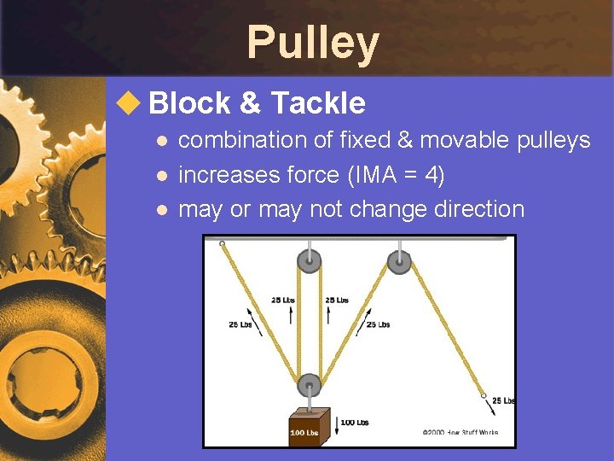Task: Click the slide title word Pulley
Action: [312, 44]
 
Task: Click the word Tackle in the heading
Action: [317, 103]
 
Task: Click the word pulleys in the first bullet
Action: [553, 140]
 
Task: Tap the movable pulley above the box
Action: [309, 385]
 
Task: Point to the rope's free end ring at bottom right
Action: [484, 396]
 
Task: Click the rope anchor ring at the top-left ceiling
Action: [222, 244]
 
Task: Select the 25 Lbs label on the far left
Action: [240, 324]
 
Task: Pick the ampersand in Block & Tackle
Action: [250, 103]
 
